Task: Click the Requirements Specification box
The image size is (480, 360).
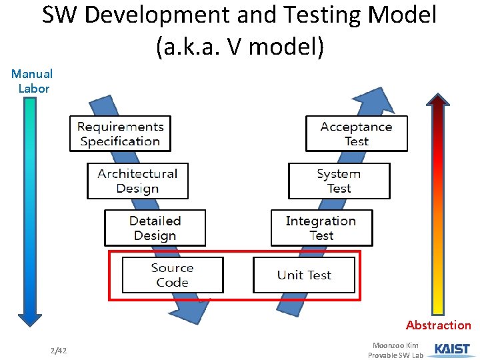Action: click(x=120, y=133)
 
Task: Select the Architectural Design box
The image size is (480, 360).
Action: click(x=137, y=181)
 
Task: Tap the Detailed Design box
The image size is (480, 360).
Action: click(x=155, y=228)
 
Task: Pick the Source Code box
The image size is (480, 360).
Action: click(x=172, y=275)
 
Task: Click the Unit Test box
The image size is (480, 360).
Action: click(x=304, y=275)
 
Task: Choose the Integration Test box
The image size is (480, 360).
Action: click(x=321, y=228)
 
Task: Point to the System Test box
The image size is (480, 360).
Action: click(x=339, y=181)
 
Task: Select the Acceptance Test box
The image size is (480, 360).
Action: click(x=356, y=133)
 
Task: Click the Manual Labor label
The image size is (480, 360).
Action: click(x=32, y=81)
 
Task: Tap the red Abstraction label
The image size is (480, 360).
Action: click(x=438, y=325)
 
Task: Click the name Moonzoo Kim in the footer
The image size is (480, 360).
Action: click(x=395, y=345)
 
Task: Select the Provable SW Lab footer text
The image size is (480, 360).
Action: click(x=395, y=355)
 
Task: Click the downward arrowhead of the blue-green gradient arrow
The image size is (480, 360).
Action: click(x=29, y=319)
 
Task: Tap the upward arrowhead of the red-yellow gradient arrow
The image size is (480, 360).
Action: click(x=438, y=100)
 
